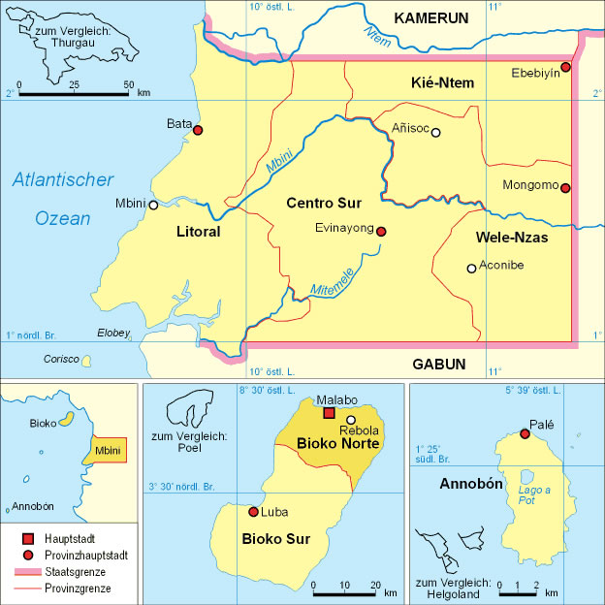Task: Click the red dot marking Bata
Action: coord(198,130)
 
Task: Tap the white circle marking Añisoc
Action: coord(435,133)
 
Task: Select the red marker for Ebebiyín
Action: coord(565,67)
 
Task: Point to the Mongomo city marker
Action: coord(565,188)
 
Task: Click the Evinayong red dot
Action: coord(381,232)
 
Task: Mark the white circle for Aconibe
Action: coord(471,269)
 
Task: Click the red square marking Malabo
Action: coord(329,413)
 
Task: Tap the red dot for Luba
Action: coord(254,512)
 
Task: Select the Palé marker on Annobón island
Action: coord(525,433)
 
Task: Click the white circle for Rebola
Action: coord(351,420)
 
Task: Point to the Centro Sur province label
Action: coord(324,204)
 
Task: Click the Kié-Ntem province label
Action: coord(442,83)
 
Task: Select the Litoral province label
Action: coord(199,233)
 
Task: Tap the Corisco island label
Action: coord(61,359)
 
